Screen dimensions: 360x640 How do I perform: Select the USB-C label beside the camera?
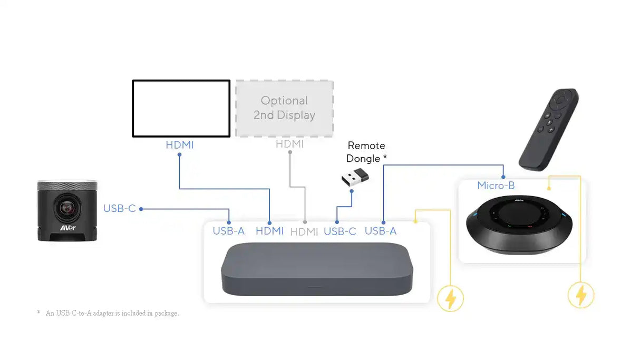[120, 209]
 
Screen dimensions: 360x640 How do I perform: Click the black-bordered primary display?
[181, 109]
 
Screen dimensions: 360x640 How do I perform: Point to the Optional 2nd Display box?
[284, 109]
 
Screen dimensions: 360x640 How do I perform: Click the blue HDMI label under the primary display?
[180, 144]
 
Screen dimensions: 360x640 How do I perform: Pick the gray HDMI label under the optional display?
[289, 144]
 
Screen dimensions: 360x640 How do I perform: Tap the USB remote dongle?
[355, 177]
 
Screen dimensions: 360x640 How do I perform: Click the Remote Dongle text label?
[366, 152]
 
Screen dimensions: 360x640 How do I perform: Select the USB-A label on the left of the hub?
[229, 231]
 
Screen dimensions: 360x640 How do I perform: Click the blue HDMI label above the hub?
[269, 231]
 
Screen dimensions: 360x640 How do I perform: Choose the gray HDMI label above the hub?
[304, 231]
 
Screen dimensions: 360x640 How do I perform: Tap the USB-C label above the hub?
[340, 231]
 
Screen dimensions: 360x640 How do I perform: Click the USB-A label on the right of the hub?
[381, 231]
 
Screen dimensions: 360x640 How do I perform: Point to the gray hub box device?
[316, 268]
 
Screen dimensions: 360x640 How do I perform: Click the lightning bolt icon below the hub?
[451, 298]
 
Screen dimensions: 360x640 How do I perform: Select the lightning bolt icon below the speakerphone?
[580, 295]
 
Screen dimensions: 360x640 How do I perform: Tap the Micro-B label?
[496, 186]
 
